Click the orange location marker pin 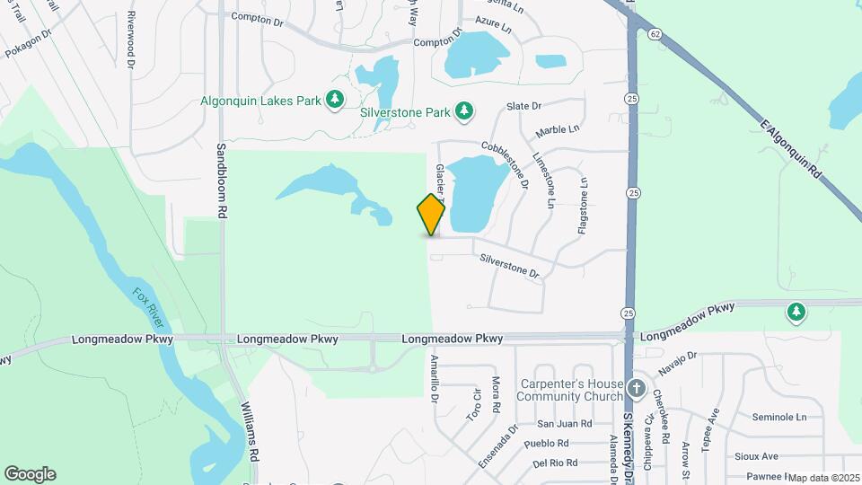(x=432, y=215)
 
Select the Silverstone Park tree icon (x=464, y=111)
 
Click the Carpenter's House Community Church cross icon (x=637, y=389)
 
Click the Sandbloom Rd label (x=221, y=180)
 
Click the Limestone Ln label (x=545, y=180)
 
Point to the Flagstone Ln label (x=583, y=207)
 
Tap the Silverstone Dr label (x=509, y=267)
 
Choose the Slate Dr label (x=524, y=106)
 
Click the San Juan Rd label (x=564, y=423)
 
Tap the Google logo (x=30, y=474)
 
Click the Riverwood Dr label (x=131, y=40)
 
